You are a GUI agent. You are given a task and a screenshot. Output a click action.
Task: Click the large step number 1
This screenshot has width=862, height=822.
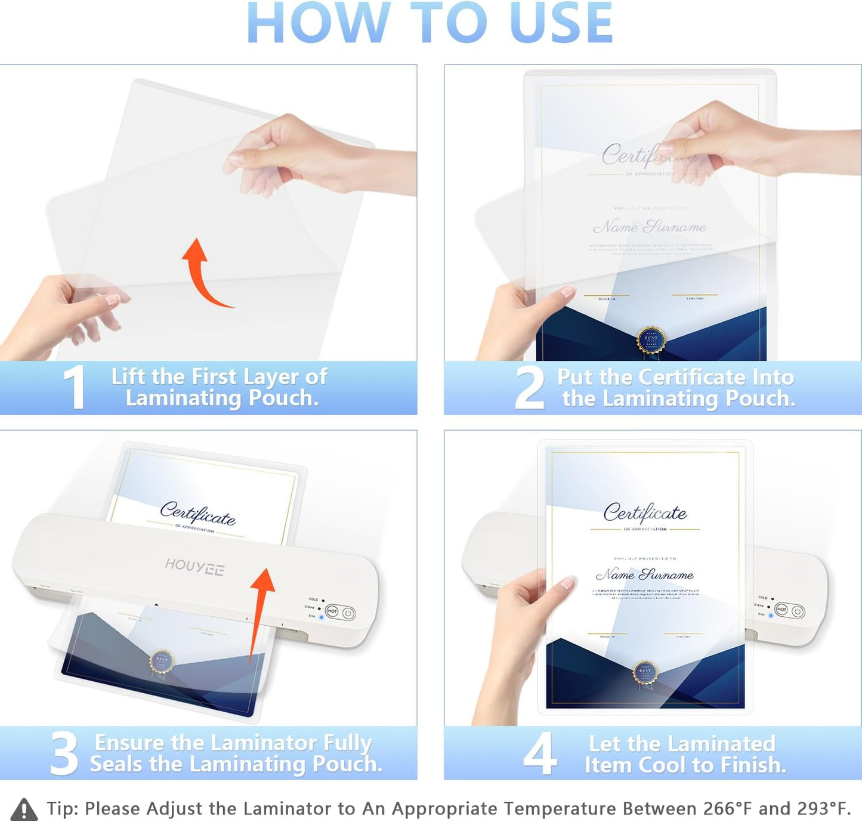coord(75,388)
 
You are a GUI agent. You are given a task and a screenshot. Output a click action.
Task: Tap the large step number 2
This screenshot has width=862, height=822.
coord(529,388)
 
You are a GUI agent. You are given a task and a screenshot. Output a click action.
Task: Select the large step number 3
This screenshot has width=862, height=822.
coord(64,754)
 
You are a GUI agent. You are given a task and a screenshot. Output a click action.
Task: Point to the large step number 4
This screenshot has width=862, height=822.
coord(540,754)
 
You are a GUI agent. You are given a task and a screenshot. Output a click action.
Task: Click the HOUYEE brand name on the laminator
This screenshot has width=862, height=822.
coord(194,567)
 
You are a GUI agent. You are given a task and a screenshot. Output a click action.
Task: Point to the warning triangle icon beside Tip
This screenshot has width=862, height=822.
coord(24,809)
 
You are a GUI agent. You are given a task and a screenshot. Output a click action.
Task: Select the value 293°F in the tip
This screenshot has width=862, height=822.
coord(823,809)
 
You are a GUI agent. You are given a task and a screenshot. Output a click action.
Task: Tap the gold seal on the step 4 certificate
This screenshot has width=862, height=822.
coord(645,672)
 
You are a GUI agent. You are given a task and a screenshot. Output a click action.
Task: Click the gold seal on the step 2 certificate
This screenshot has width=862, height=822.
coord(651,338)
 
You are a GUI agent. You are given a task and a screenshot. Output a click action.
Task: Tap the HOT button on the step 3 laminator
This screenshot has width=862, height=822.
coord(333,611)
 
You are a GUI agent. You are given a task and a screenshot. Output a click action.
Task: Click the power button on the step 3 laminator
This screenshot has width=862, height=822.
coord(348,613)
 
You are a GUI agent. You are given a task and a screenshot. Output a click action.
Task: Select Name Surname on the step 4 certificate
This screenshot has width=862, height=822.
coord(644,575)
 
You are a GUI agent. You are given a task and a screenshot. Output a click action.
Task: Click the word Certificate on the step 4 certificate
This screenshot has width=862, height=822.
coord(644,512)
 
